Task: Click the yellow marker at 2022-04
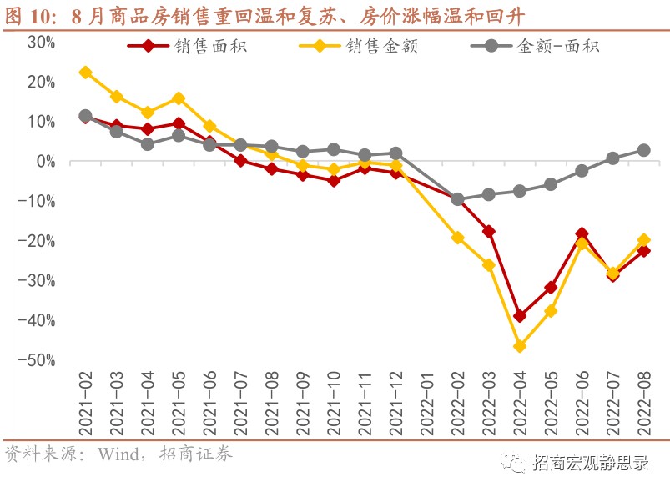[x=520, y=346]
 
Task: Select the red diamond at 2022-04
[x=520, y=316]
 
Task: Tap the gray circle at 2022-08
[x=644, y=150]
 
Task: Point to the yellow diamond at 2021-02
[x=85, y=73]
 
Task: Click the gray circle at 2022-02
[x=457, y=199]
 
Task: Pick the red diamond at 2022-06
[x=582, y=234]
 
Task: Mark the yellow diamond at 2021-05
[x=179, y=98]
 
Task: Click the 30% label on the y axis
[x=41, y=42]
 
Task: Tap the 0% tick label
[x=45, y=161]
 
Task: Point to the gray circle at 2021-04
[x=148, y=144]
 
